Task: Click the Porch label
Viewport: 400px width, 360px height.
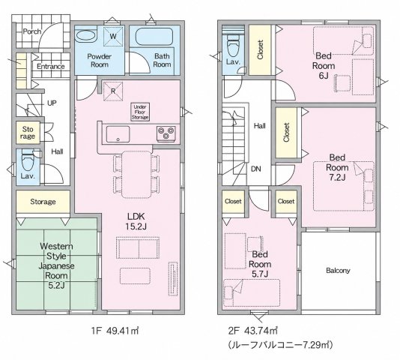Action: pos(32,31)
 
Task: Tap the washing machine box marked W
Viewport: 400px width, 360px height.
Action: pos(113,36)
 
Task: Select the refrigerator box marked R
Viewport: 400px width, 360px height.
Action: pos(113,91)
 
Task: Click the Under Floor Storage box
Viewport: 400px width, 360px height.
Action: pos(140,112)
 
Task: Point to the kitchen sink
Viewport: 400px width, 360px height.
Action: pos(118,134)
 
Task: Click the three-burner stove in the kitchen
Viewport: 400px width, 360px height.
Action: pos(166,133)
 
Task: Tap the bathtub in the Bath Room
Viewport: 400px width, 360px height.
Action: pos(154,37)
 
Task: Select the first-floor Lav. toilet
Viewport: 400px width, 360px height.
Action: pos(27,160)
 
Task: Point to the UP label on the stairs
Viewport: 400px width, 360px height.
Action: pos(52,103)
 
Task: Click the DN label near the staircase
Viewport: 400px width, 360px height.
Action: pos(256,169)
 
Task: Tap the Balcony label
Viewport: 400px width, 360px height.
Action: pos(338,271)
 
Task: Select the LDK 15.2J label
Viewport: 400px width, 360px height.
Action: pos(136,221)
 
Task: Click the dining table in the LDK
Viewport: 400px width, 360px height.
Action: pos(136,175)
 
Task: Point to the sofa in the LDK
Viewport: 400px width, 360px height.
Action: pos(138,247)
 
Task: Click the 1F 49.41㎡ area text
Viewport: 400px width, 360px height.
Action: pos(115,331)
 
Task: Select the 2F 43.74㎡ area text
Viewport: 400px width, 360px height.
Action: pos(252,331)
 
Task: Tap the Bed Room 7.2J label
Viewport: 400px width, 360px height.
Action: pos(337,167)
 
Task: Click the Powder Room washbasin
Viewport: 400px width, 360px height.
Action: pos(86,36)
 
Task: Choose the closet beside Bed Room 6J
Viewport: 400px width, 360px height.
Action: pos(260,49)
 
